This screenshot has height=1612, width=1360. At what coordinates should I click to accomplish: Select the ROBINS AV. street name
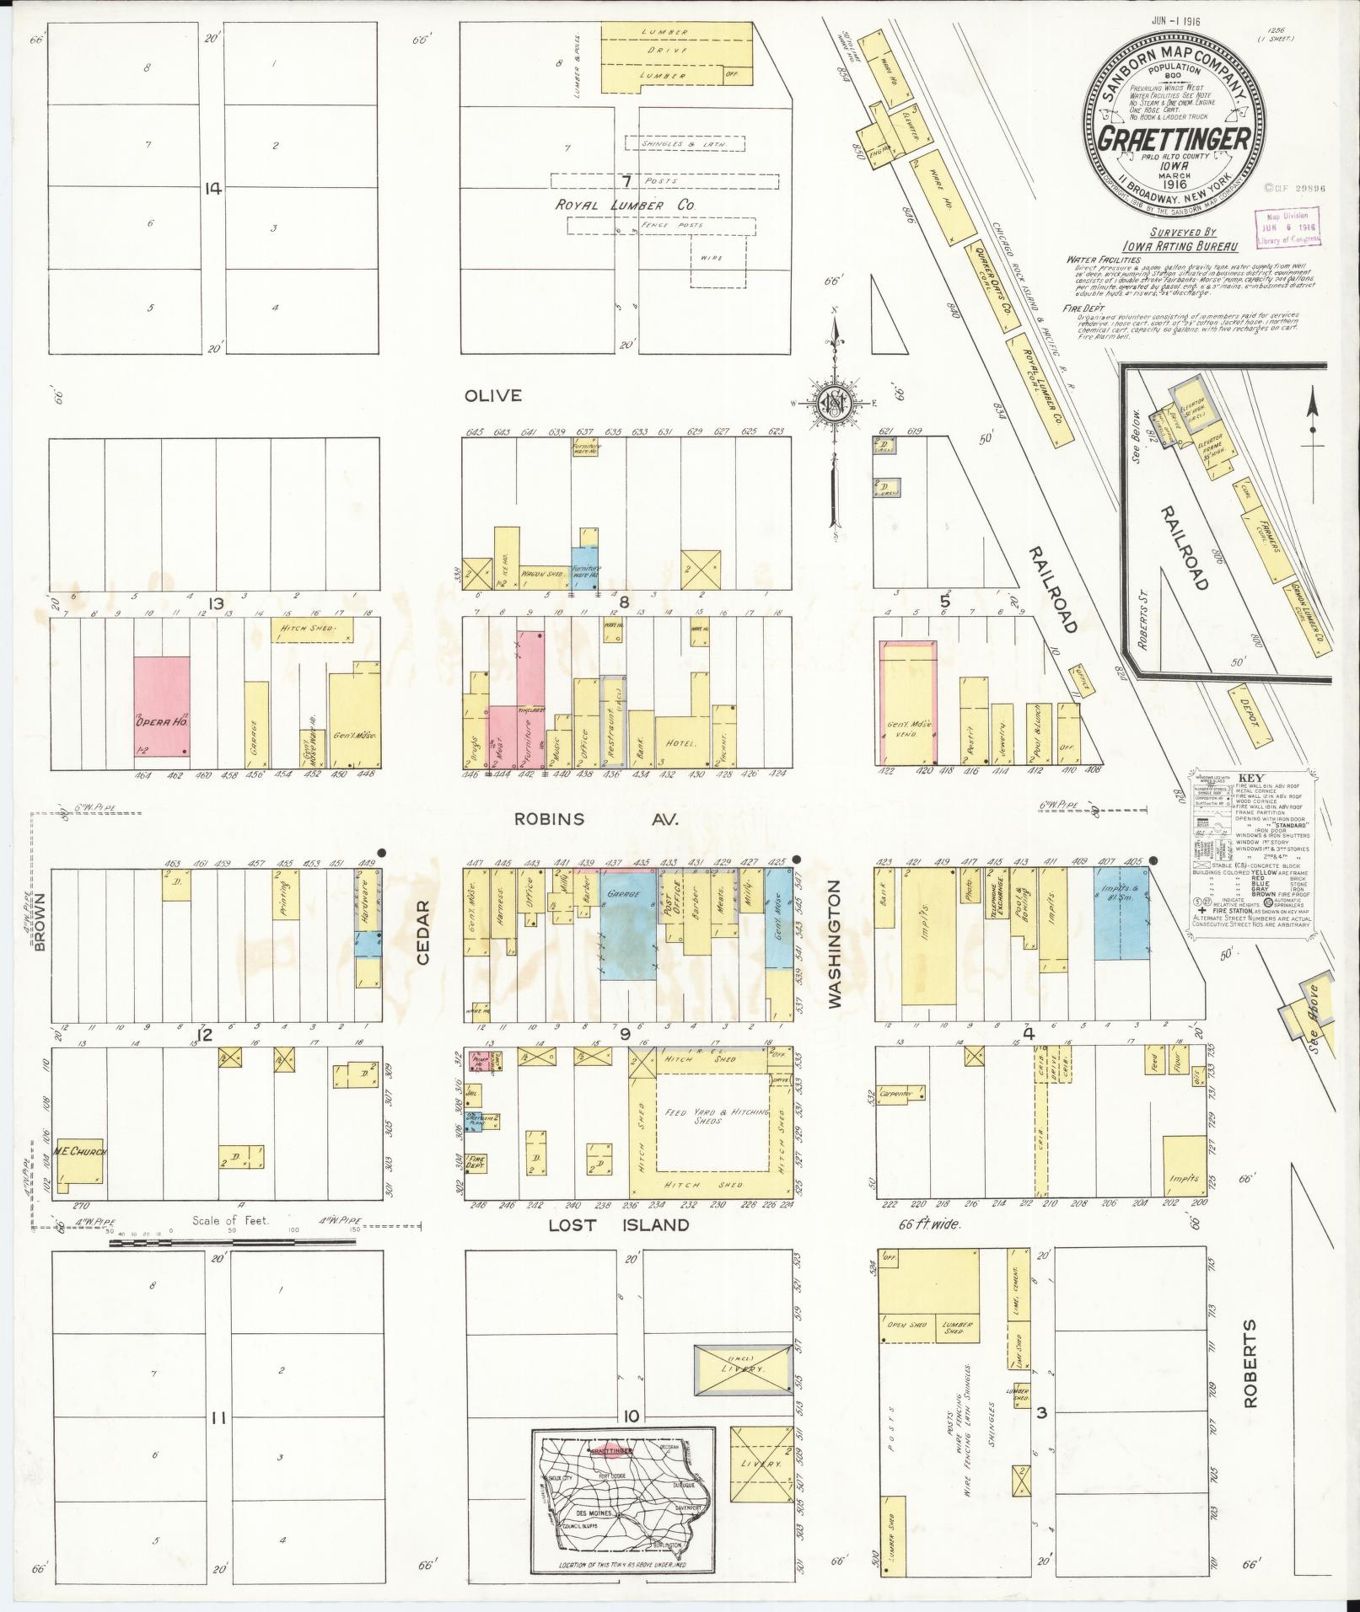point(597,819)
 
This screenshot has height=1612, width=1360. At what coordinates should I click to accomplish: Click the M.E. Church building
point(81,1151)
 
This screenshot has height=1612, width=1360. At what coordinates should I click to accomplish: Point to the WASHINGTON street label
point(835,943)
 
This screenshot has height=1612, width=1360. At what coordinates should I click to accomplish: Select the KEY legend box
point(1252,848)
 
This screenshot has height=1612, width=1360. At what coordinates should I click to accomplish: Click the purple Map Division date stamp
point(1287,227)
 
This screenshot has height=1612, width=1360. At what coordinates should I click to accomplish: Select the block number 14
point(212,189)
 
